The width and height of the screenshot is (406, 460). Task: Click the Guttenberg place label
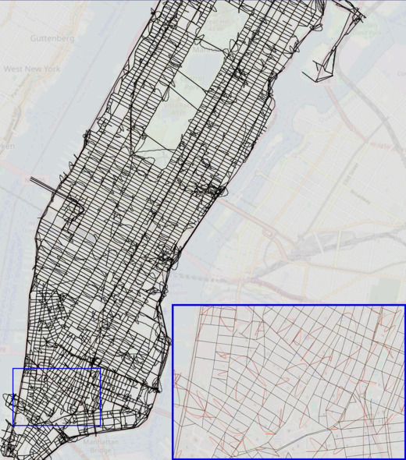(52, 37)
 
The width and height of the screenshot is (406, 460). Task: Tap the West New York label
(32, 69)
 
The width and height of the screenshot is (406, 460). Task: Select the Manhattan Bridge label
(98, 446)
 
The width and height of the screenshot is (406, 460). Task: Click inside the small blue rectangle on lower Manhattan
(57, 397)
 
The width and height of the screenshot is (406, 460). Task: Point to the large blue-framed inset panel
(289, 382)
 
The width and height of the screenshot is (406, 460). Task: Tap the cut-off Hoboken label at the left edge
(6, 147)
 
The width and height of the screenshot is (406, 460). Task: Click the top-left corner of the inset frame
(173, 306)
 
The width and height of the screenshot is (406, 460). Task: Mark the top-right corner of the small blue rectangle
(101, 368)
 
